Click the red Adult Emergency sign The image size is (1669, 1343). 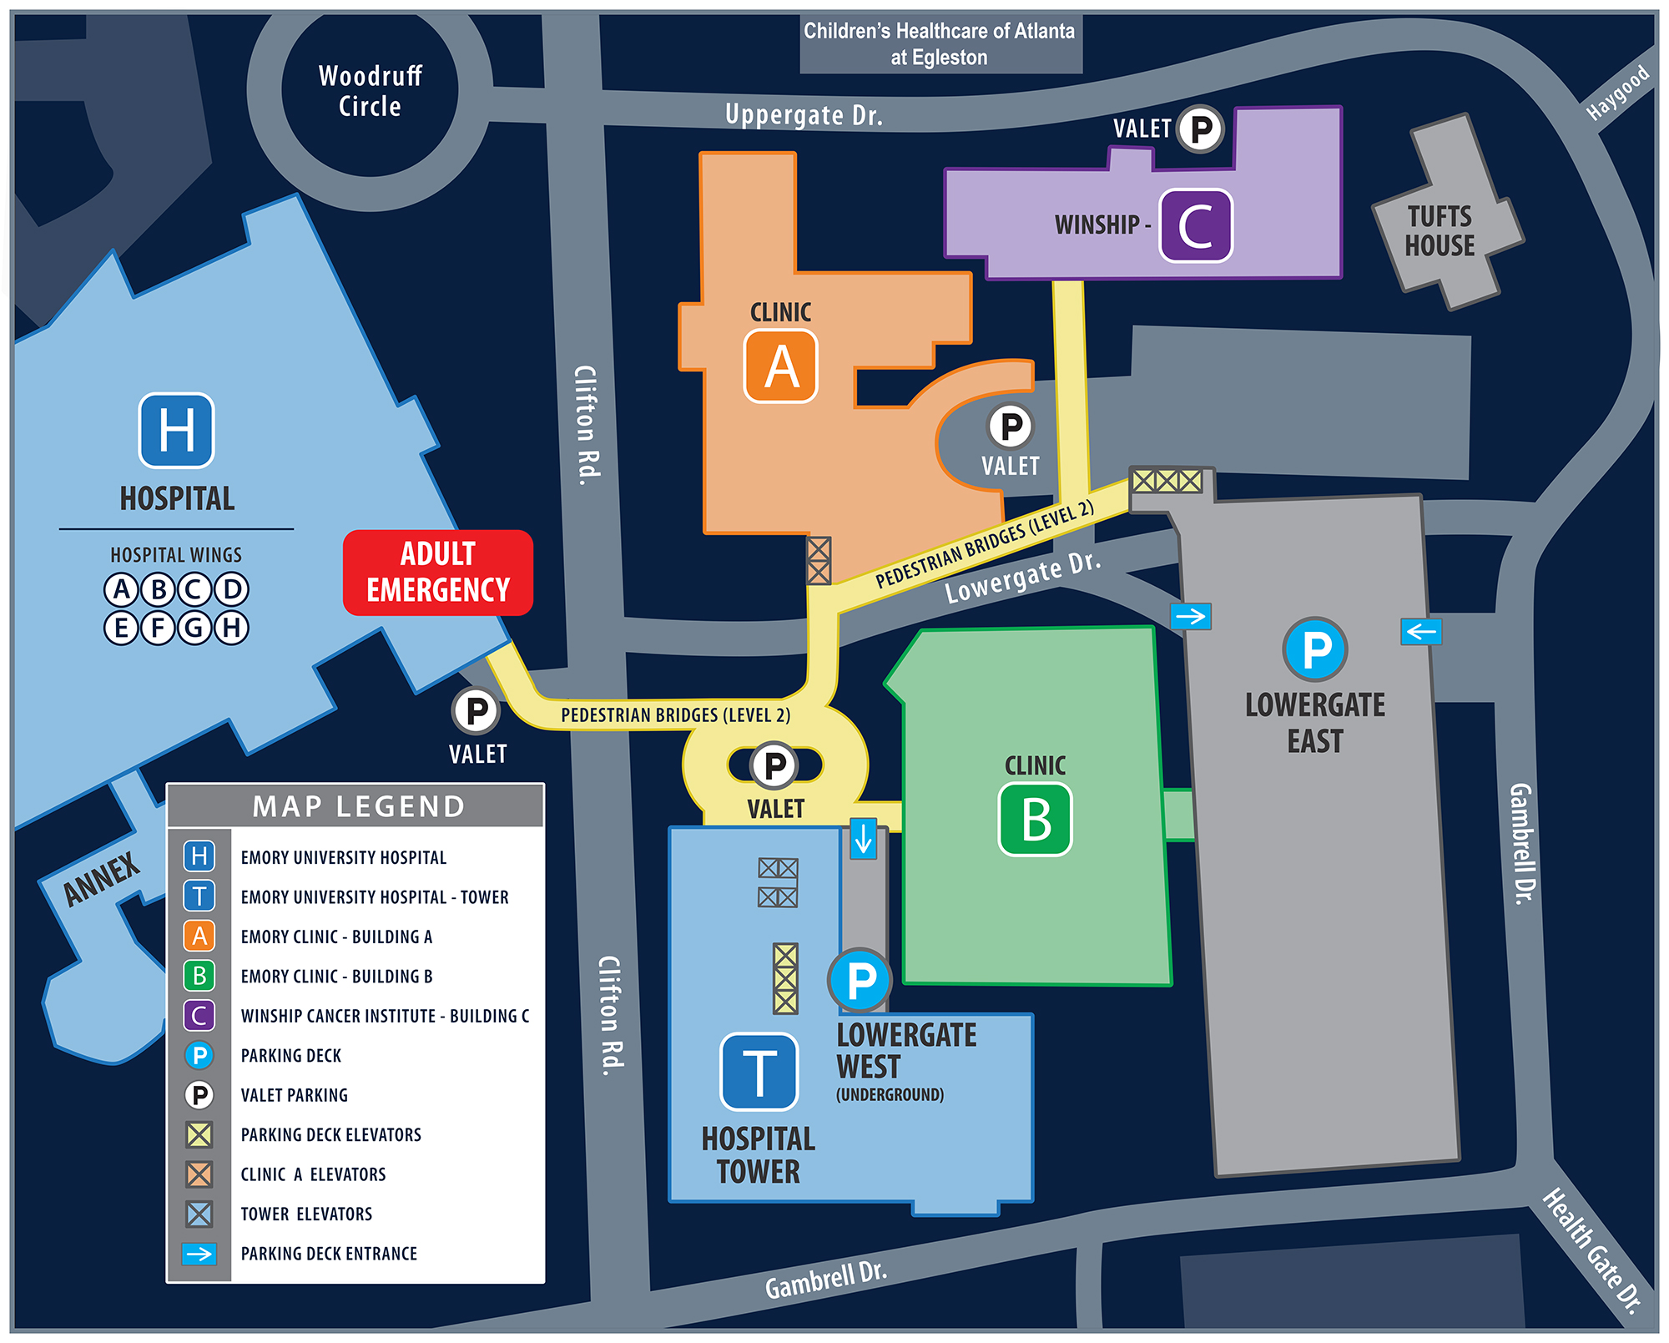coord(437,573)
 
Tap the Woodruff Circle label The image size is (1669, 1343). coord(370,91)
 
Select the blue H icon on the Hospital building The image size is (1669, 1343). coord(176,430)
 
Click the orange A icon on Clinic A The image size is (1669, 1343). coord(780,366)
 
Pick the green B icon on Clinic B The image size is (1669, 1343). coord(1035,819)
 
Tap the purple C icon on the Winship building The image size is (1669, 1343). coord(1195,225)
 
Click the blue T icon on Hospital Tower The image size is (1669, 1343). coord(759,1072)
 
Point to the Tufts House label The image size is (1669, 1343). coord(1440,231)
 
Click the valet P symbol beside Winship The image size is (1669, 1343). coord(1200,129)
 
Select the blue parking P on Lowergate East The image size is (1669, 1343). coord(1315,649)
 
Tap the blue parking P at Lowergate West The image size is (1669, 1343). coord(860,980)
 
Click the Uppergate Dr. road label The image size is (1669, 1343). coord(803,114)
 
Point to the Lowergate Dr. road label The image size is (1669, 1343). coord(1022,578)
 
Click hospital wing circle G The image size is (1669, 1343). coord(194,627)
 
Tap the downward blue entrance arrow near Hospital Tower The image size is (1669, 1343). coord(863,838)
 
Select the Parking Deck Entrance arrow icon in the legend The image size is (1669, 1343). coord(199,1253)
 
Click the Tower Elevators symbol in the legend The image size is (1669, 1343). coord(199,1214)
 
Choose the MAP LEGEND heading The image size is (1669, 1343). coord(358,806)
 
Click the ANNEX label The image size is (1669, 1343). coord(102,879)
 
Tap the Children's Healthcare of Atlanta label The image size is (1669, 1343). coord(940,43)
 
